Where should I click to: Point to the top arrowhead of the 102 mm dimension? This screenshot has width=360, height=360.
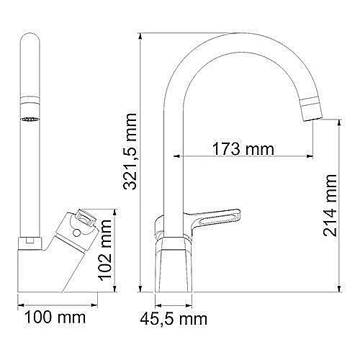(x=114, y=211)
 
